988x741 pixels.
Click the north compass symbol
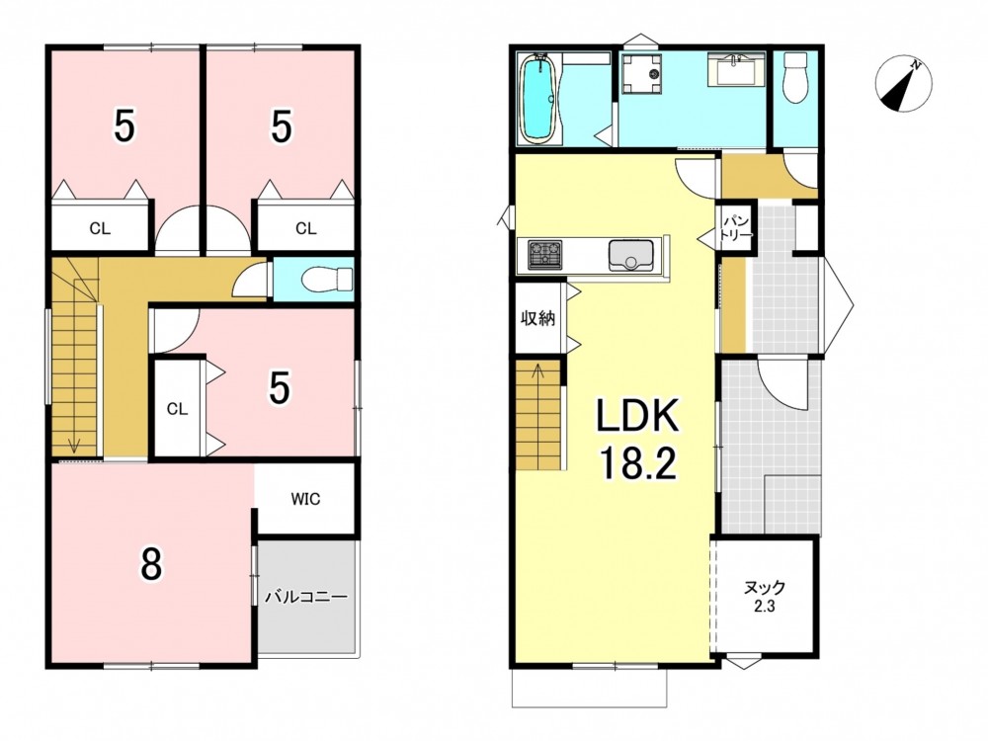903,84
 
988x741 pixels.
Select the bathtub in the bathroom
538,99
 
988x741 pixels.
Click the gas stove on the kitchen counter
545,255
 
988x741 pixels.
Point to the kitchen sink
631,255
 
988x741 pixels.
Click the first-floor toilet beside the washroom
795,77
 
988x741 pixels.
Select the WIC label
305,499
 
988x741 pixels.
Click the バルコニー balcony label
305,597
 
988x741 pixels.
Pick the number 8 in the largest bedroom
151,564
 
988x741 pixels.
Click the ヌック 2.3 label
765,596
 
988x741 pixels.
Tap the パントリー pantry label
736,228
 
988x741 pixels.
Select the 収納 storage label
537,318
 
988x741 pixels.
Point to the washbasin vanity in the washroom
736,69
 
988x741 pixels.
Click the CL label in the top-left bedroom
100,229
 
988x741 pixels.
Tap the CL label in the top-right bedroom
305,229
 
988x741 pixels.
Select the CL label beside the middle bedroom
177,409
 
